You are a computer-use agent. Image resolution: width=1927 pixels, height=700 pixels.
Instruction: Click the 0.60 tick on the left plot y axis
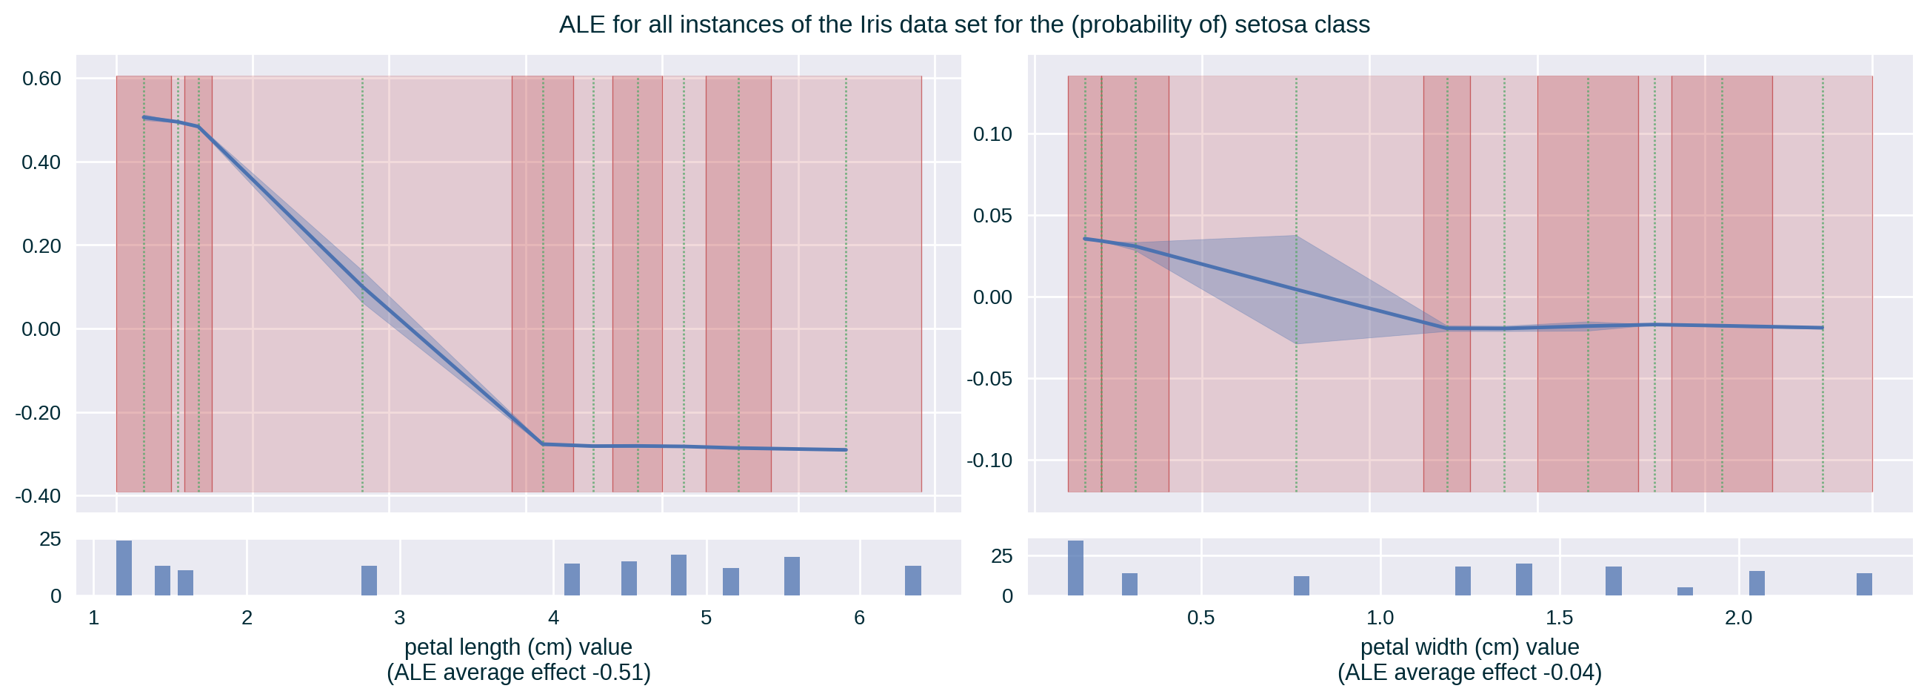pyautogui.click(x=41, y=79)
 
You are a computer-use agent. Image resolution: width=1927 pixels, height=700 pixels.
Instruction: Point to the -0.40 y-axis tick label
pyautogui.click(x=38, y=496)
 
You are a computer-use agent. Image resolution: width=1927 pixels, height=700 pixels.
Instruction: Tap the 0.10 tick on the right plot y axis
pyautogui.click(x=993, y=135)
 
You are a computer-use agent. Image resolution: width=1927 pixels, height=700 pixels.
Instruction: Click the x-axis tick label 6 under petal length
pyautogui.click(x=859, y=618)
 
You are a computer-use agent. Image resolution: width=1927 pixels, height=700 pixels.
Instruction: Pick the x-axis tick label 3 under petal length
pyautogui.click(x=399, y=618)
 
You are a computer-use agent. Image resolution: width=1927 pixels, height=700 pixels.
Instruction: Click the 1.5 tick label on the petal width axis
pyautogui.click(x=1559, y=618)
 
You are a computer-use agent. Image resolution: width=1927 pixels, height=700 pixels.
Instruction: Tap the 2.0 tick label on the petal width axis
pyautogui.click(x=1738, y=618)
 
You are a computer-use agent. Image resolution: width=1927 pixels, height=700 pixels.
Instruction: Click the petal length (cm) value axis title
pyautogui.click(x=518, y=647)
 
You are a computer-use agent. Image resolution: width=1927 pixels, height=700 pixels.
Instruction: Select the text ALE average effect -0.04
pyautogui.click(x=1469, y=673)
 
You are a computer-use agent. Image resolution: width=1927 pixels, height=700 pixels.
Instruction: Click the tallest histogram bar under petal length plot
pyautogui.click(x=124, y=567)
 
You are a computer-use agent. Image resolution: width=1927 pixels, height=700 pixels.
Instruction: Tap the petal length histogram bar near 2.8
pyautogui.click(x=369, y=580)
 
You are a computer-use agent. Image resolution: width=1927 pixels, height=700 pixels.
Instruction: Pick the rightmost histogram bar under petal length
pyautogui.click(x=912, y=580)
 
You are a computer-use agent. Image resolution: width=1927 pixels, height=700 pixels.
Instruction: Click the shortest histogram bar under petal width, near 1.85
pyautogui.click(x=1685, y=592)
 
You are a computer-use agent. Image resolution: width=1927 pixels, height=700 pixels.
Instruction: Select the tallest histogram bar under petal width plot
pyautogui.click(x=1075, y=567)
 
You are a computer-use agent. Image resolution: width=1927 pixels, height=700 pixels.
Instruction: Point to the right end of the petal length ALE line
pyautogui.click(x=845, y=450)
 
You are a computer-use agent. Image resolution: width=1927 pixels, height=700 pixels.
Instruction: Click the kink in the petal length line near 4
pyautogui.click(x=543, y=444)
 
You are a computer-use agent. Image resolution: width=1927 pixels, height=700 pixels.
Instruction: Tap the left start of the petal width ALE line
pyautogui.click(x=1086, y=239)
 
